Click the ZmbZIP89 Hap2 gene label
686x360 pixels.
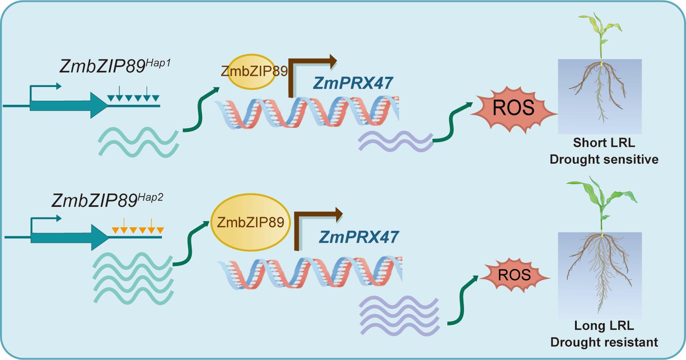point(107,200)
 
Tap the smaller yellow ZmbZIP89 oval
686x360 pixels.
point(251,71)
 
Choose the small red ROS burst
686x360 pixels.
point(514,275)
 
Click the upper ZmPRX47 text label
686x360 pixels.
point(353,83)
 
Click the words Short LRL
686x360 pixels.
point(604,143)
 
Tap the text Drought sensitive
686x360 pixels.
point(604,159)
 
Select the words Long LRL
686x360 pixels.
point(604,326)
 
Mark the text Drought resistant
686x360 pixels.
point(604,342)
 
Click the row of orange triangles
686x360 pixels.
point(138,229)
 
